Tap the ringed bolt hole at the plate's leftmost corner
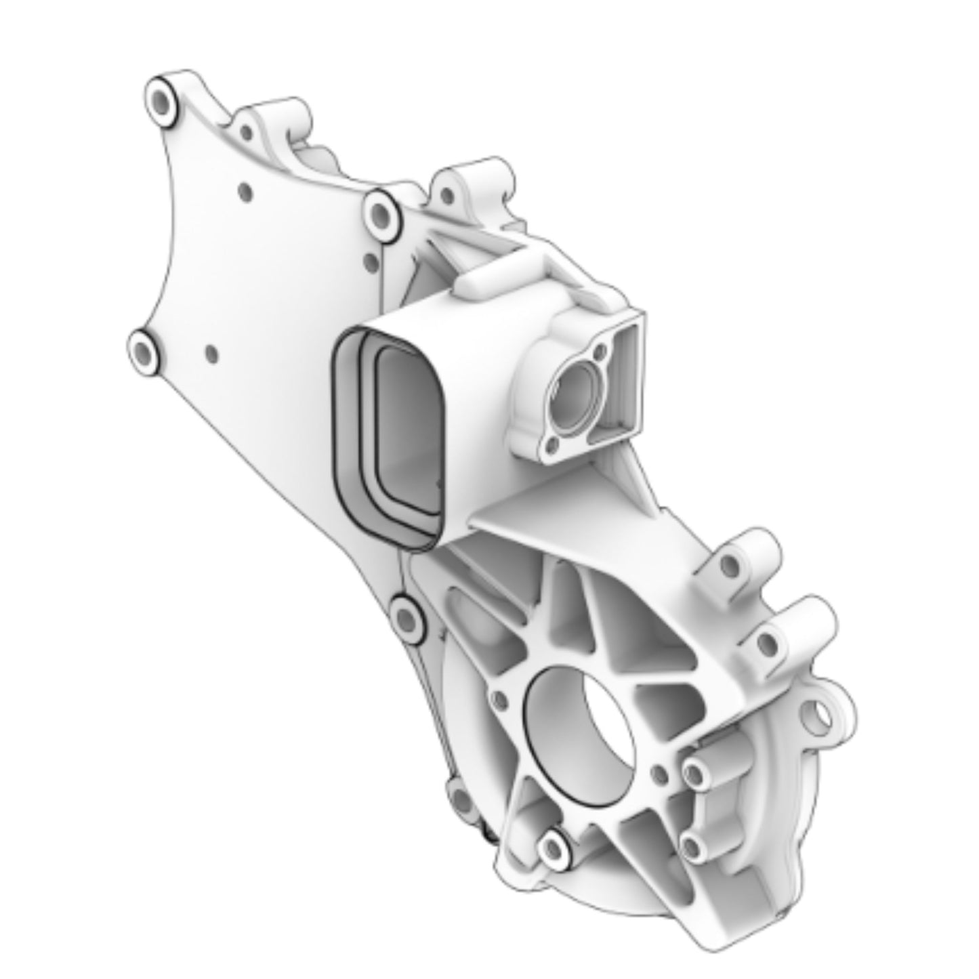[x=143, y=352]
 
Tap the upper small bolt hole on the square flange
[x=599, y=354]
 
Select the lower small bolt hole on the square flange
[x=552, y=444]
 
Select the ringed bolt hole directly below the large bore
[x=554, y=847]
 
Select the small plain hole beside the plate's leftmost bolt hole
[x=211, y=353]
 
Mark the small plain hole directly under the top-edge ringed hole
[x=369, y=260]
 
